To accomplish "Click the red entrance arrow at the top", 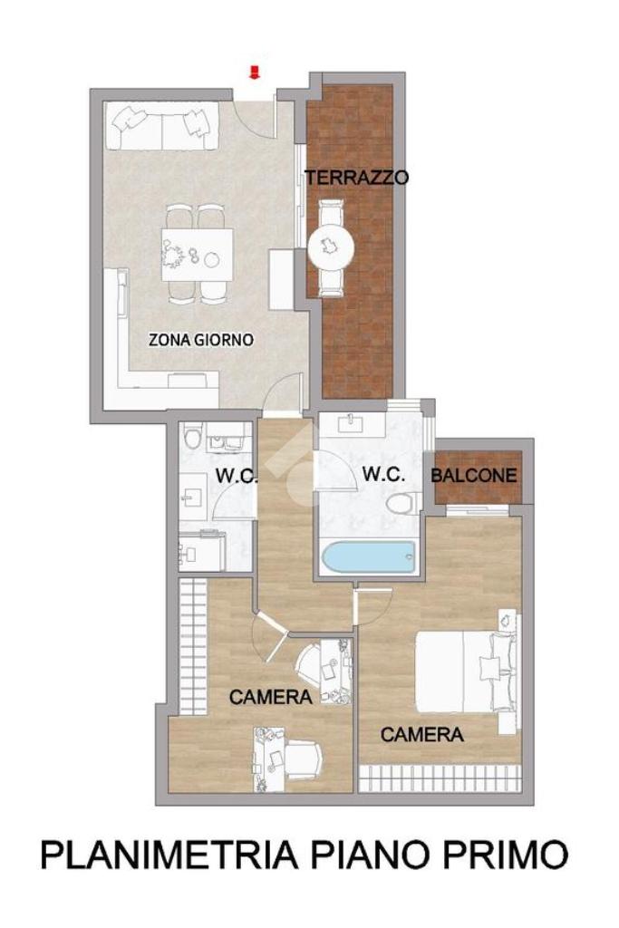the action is (255, 72).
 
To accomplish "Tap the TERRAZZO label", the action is (356, 177).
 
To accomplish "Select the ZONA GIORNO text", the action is (201, 340).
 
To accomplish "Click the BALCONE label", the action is (473, 475).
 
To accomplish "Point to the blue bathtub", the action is (369, 557).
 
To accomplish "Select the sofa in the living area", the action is (161, 127).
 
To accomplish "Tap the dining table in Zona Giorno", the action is (197, 255).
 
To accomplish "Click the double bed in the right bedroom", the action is (467, 672).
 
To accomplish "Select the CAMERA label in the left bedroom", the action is (270, 697).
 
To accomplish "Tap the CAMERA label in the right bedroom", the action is (422, 734).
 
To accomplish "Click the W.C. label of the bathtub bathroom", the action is (384, 474).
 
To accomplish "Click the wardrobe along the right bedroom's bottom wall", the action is (440, 777).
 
